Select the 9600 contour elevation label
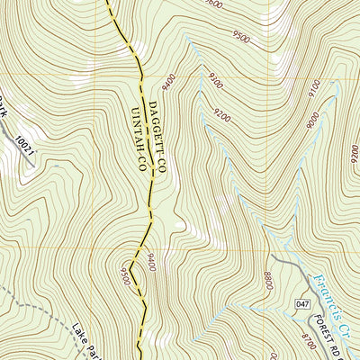point(213,4)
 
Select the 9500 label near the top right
point(240,38)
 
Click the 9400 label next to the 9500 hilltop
point(150,263)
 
